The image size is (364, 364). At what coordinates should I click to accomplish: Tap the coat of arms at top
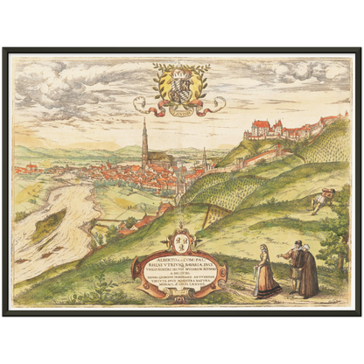click(180, 85)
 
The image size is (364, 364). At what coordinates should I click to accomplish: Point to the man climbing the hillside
click(321, 201)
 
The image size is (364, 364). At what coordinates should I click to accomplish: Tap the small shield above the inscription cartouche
click(182, 238)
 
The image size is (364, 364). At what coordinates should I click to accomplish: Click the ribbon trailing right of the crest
click(215, 104)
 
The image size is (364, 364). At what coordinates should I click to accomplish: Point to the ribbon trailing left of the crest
click(145, 106)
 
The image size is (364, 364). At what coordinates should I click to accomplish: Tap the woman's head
click(264, 250)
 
